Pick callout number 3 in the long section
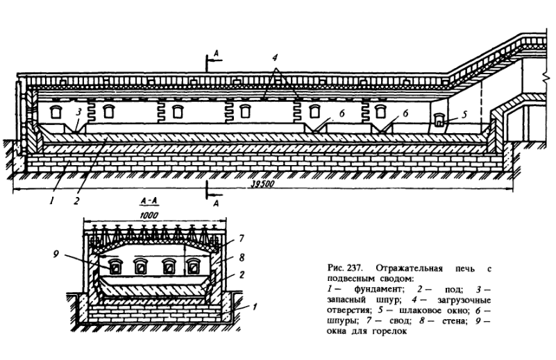pyautogui.click(x=80, y=111)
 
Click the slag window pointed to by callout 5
pyautogui.click(x=439, y=120)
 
